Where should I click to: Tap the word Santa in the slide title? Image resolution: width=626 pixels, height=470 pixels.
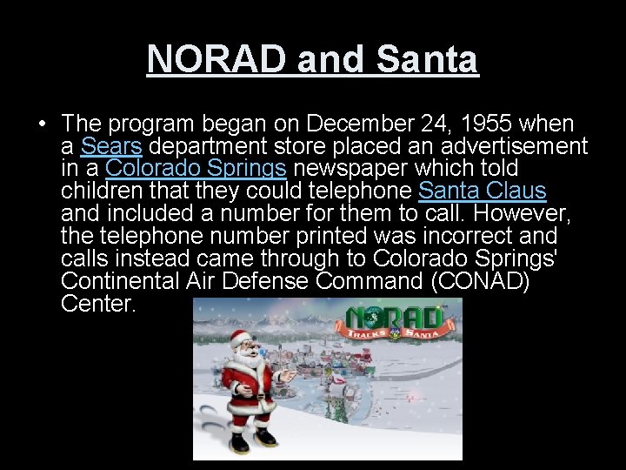[x=427, y=59]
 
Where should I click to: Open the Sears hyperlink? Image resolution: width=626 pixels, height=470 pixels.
[x=110, y=145]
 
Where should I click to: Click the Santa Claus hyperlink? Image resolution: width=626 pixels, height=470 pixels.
[x=482, y=191]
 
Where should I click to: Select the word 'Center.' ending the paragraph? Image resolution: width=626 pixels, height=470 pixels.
[x=99, y=304]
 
